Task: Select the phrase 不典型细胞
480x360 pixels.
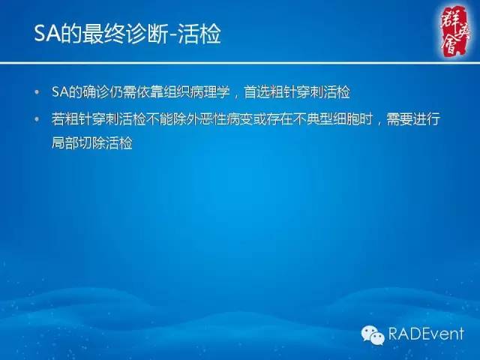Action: (328, 120)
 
